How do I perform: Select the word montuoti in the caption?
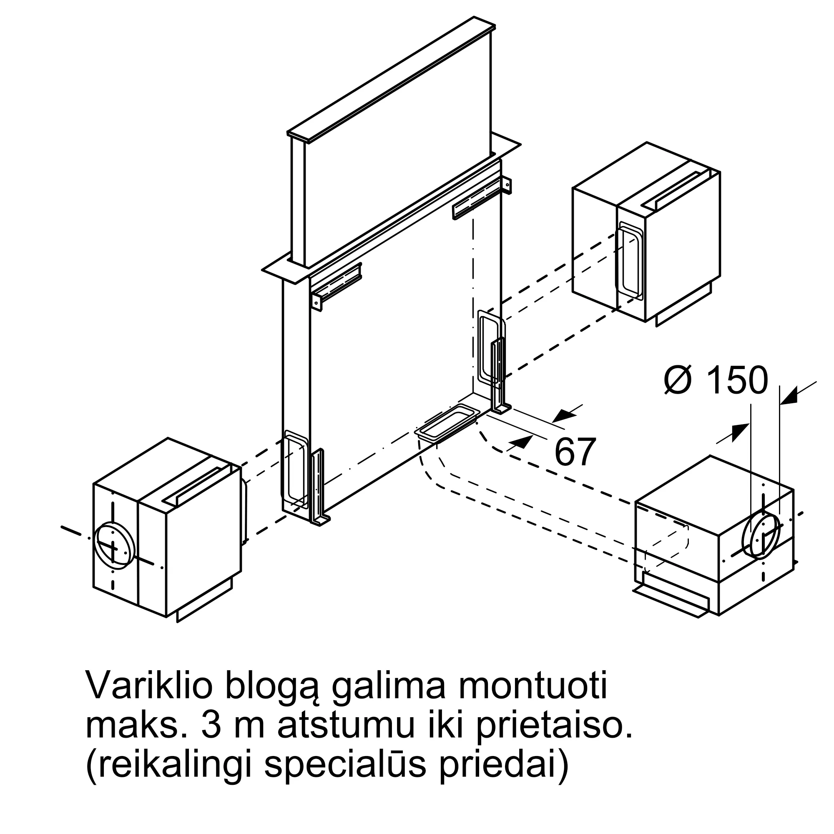tap(532, 686)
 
